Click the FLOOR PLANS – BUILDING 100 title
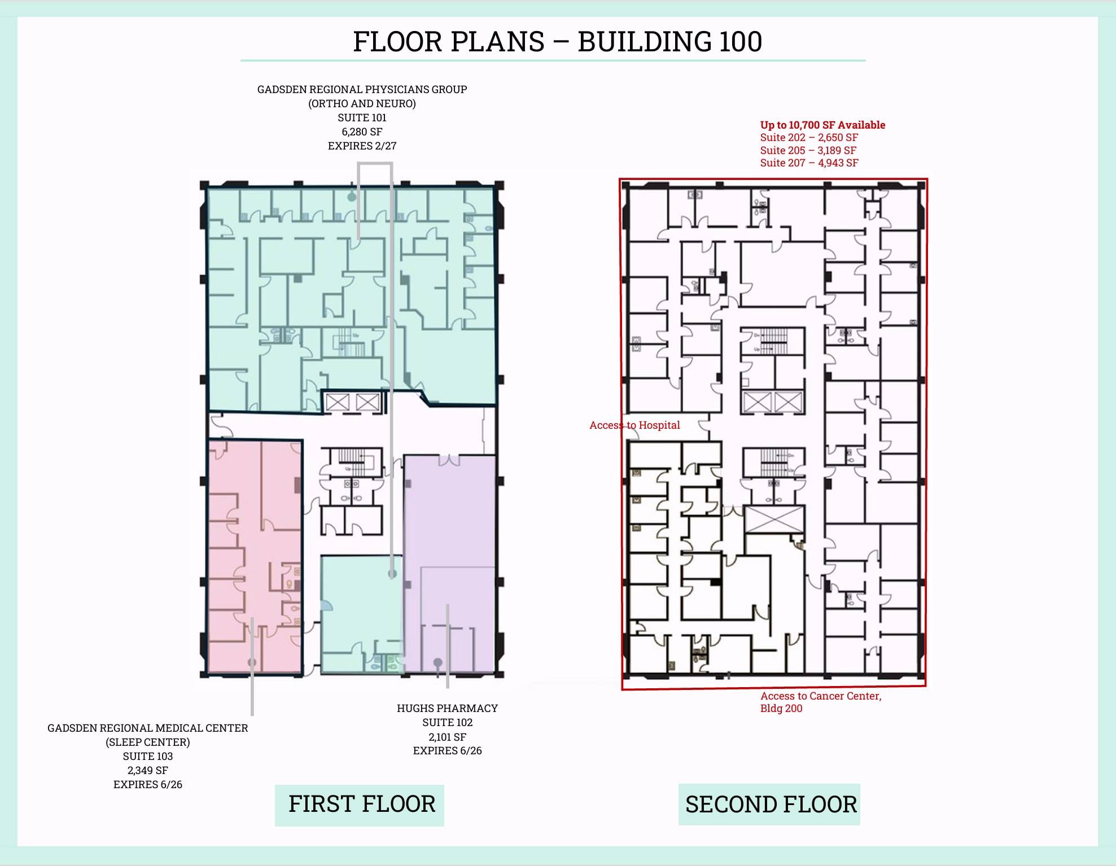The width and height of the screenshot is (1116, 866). point(557,42)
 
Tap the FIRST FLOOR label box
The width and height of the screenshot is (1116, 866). point(361,804)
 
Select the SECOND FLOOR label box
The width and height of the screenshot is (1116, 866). point(770,804)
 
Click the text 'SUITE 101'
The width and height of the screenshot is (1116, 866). point(362,118)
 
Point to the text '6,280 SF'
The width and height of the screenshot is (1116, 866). point(362,132)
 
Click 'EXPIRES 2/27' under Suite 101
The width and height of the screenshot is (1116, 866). point(362,146)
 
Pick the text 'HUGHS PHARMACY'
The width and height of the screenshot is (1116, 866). point(447,709)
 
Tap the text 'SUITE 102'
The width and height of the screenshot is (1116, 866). point(447,723)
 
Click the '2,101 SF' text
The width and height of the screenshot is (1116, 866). point(447,737)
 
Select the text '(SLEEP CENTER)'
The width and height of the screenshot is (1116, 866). point(148,742)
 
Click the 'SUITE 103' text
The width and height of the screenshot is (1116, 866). point(148,757)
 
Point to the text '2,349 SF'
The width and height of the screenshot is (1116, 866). point(148,771)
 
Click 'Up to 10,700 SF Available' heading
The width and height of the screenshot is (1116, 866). point(822,125)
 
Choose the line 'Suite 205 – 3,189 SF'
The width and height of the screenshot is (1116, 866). point(808,151)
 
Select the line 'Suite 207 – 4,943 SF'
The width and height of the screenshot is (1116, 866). point(809,163)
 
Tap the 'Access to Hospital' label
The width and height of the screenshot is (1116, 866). point(634,425)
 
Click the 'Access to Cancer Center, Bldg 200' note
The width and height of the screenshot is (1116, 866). point(820,702)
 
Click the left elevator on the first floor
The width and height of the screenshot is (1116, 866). point(338,402)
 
